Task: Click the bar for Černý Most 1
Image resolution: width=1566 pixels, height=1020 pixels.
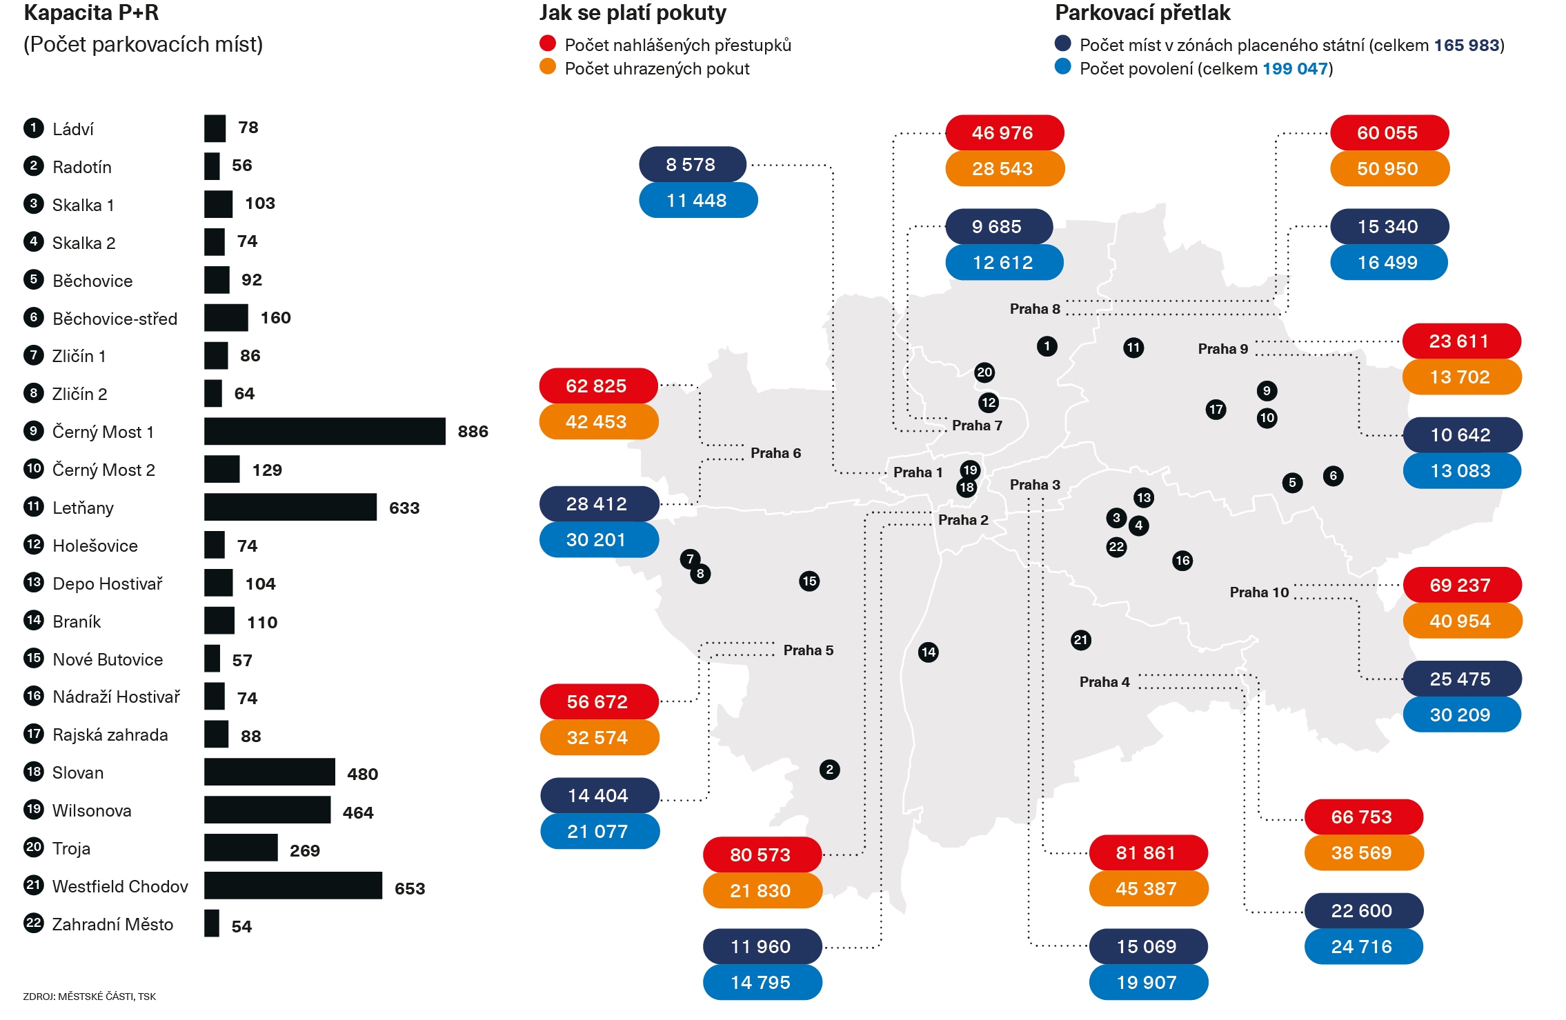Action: [324, 431]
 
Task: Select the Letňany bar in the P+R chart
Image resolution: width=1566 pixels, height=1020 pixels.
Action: [290, 507]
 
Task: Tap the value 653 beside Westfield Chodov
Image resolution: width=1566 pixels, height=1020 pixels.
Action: [409, 888]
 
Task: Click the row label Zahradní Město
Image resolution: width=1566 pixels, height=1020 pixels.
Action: [112, 924]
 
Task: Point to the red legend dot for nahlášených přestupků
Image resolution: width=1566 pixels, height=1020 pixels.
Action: [548, 44]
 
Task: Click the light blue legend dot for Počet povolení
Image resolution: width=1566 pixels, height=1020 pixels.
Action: [1063, 67]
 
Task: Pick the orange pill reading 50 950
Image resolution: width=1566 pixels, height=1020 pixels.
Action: [1389, 169]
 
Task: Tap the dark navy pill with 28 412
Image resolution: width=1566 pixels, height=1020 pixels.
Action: [598, 504]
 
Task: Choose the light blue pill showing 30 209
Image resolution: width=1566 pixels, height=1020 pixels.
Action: [1461, 715]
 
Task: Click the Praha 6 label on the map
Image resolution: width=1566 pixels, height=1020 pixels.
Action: [775, 453]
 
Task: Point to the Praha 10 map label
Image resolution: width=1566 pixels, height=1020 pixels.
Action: [1259, 592]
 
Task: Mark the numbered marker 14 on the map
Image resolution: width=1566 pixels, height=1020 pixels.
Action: [929, 652]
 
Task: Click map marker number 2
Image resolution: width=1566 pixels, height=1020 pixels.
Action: [829, 770]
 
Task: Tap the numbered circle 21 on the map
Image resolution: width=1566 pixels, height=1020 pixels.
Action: [1081, 640]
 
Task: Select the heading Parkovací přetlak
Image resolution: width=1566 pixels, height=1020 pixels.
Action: [1142, 13]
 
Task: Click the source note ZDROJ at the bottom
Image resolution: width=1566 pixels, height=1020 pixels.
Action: [89, 997]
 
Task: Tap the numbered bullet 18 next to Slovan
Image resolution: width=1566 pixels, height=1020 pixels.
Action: [33, 772]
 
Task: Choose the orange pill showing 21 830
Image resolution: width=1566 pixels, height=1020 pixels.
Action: [762, 891]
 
